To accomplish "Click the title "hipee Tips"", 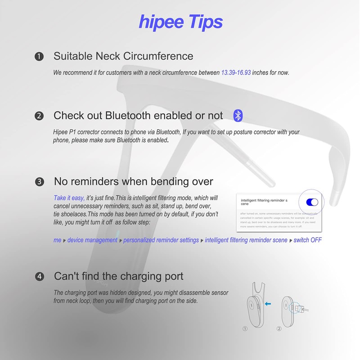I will pyautogui.click(x=181, y=21).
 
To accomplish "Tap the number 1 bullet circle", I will pyautogui.click(x=39, y=57).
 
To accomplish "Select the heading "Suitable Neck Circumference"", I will pyautogui.click(x=123, y=56).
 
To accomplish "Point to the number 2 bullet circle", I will pyautogui.click(x=39, y=116).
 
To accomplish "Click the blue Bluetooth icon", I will pyautogui.click(x=238, y=116).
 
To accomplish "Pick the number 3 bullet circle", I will pyautogui.click(x=39, y=182).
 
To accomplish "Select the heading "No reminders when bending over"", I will pyautogui.click(x=133, y=181).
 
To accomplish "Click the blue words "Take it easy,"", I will pyautogui.click(x=69, y=198).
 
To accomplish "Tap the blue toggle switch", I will pyautogui.click(x=311, y=202).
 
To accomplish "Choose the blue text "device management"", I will pyautogui.click(x=92, y=240).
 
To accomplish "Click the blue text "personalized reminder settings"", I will pyautogui.click(x=161, y=240).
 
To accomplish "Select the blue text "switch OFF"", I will pyautogui.click(x=308, y=240).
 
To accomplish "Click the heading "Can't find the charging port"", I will pyautogui.click(x=119, y=276).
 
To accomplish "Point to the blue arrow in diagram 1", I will pyautogui.click(x=268, y=304).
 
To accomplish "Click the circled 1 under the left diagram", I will pyautogui.click(x=245, y=328).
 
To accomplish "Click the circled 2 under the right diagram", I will pyautogui.click(x=279, y=328).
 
